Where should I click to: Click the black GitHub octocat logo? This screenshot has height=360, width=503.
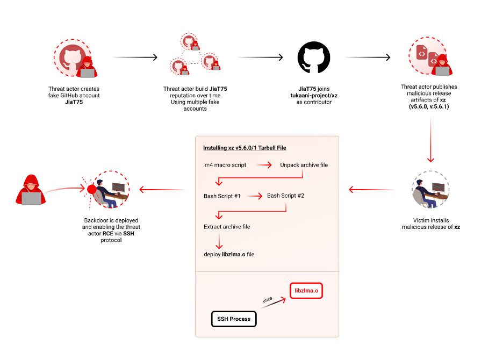point(314,57)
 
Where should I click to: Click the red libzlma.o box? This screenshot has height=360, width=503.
point(306,291)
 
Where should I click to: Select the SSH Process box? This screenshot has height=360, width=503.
point(234,319)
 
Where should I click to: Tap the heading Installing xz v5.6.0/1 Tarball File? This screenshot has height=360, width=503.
point(245,148)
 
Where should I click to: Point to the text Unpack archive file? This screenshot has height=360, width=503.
point(304,165)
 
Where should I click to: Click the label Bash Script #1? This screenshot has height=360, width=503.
point(222,196)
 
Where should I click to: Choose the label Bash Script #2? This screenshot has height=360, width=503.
point(285,196)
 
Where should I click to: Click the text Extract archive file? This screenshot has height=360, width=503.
point(227,227)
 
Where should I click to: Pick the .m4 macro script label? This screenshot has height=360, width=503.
point(225,165)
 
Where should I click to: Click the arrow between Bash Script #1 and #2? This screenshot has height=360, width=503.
point(255,196)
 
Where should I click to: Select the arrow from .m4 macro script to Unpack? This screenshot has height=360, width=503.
point(264,165)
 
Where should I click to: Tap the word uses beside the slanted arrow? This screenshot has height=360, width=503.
point(267,300)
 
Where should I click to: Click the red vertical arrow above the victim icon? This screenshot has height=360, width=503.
point(430,140)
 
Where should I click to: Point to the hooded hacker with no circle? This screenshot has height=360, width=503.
point(31,190)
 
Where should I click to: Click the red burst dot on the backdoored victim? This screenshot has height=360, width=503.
point(92,189)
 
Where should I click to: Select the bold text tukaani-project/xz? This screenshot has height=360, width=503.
point(314,96)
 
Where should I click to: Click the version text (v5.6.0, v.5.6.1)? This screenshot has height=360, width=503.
point(429,106)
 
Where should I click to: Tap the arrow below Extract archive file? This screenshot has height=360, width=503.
point(219,241)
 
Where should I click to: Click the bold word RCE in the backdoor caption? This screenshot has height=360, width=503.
point(108,234)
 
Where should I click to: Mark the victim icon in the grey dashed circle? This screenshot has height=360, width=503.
point(430,190)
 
